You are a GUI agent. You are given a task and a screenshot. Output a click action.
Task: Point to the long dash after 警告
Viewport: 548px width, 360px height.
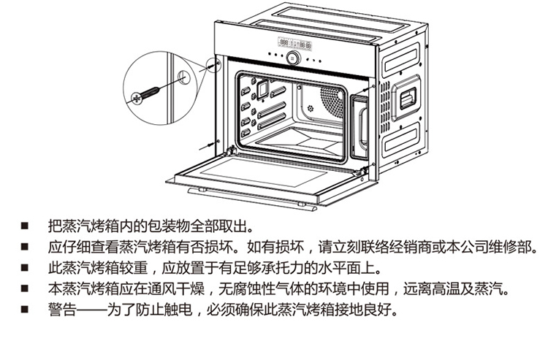click(90, 310)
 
